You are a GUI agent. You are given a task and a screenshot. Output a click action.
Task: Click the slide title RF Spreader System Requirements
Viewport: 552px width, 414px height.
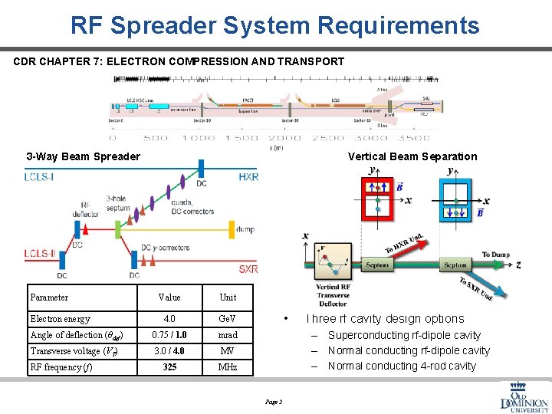(275, 25)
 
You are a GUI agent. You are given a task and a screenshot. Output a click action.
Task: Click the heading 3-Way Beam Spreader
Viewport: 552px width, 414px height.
(83, 156)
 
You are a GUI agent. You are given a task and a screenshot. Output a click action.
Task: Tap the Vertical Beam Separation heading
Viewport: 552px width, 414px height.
(412, 156)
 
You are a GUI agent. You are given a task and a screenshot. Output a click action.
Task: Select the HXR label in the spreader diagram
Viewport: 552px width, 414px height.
(248, 178)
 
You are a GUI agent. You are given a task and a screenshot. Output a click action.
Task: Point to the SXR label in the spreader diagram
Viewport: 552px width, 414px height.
(248, 269)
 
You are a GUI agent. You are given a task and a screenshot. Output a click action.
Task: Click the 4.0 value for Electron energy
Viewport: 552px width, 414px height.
(169, 319)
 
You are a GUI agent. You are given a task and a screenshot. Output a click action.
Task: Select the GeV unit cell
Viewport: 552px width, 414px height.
(228, 319)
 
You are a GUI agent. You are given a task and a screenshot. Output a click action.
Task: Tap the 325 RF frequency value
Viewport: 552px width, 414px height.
(169, 367)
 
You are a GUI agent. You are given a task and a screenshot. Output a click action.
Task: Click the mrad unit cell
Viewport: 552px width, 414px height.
(228, 335)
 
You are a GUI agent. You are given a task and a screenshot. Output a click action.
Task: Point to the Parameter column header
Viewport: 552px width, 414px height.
(49, 297)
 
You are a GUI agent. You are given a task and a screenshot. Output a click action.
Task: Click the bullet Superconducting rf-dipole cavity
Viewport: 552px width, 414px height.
(404, 335)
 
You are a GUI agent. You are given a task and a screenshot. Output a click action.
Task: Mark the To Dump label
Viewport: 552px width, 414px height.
(496, 255)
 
